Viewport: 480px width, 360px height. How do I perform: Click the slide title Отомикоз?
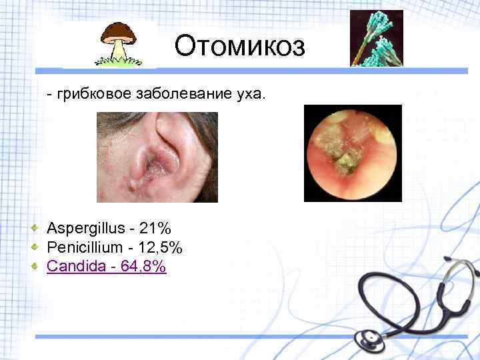coord(239,47)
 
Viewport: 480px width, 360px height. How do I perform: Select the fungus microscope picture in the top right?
coord(377,38)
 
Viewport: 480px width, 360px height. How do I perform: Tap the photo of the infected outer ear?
coord(157,157)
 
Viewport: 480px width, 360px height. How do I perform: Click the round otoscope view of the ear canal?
coord(353,153)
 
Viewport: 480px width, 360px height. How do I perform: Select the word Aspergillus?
coord(85,229)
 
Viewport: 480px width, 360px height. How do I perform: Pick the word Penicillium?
coord(85,248)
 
